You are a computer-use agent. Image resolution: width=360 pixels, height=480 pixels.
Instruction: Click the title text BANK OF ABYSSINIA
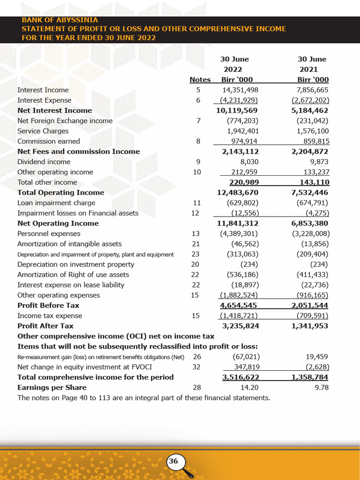[60, 20]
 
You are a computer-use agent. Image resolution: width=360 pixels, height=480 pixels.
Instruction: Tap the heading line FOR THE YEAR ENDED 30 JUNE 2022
[89, 37]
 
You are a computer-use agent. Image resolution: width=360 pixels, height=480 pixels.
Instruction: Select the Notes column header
[200, 80]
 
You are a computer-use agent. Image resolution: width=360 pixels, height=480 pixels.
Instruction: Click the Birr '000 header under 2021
[313, 80]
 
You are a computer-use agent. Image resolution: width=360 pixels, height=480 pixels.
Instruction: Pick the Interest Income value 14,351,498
[240, 90]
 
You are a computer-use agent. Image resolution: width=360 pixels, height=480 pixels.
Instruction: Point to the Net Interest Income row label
[54, 111]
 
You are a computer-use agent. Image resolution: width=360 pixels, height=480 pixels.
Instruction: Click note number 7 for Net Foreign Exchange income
[198, 121]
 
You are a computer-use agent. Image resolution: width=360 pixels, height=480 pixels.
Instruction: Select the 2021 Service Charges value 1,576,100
[313, 131]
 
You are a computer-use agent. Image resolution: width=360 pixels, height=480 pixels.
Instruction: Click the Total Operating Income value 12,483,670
[238, 193]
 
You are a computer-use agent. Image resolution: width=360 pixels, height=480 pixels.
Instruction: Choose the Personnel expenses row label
[49, 233]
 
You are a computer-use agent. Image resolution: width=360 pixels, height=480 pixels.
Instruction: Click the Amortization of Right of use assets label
[73, 275]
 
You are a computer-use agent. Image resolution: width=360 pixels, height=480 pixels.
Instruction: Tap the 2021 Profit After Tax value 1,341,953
[310, 326]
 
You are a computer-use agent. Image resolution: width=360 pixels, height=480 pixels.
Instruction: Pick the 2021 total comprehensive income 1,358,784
[310, 377]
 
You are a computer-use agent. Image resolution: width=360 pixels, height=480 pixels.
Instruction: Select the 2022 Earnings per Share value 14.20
[249, 388]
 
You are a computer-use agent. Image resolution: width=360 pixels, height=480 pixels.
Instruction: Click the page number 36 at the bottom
[173, 461]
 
